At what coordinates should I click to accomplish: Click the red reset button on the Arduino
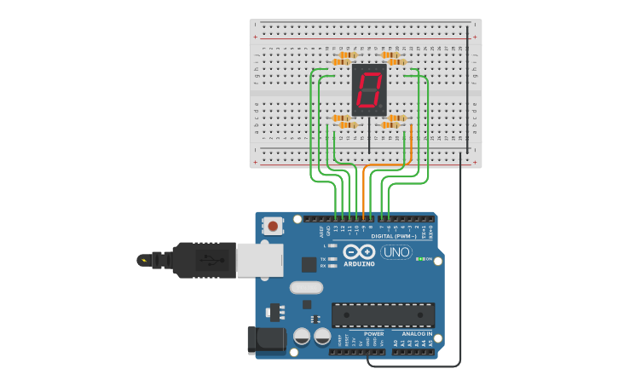273,226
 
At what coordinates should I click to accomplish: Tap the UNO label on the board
396,252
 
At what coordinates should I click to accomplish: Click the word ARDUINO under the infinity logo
359,264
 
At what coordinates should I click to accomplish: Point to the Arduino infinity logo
359,252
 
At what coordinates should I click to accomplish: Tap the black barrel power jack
263,339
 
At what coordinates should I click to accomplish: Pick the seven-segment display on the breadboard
369,89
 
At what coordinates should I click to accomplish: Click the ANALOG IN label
411,333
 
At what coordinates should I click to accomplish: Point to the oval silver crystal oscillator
306,287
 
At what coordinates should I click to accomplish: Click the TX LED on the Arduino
333,258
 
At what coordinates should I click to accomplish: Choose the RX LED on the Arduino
333,266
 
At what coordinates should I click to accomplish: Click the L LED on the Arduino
333,245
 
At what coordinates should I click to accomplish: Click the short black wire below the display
369,136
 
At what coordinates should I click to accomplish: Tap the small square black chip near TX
309,265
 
